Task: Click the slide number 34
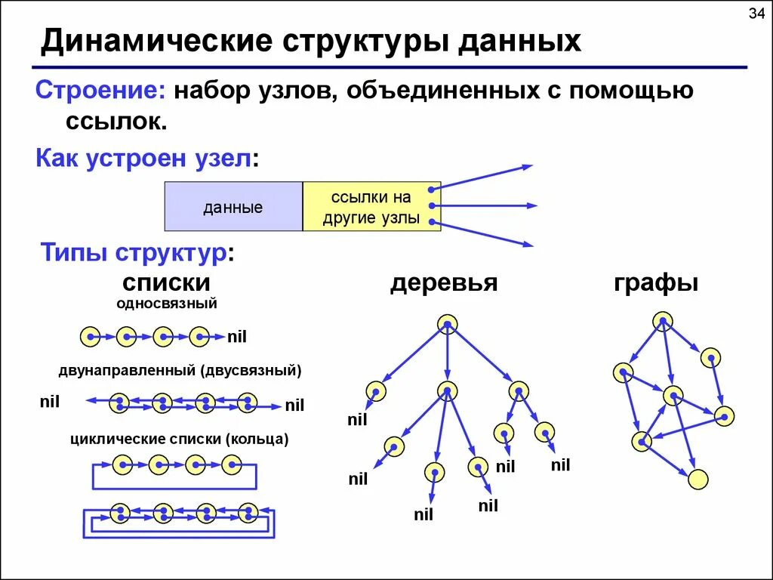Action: click(x=756, y=14)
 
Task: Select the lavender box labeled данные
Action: click(x=233, y=206)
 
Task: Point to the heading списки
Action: click(x=166, y=283)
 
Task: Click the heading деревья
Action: click(x=444, y=283)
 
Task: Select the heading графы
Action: click(x=656, y=283)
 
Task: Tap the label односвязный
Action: click(x=167, y=304)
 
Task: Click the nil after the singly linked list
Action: click(x=238, y=337)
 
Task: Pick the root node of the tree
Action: click(x=448, y=324)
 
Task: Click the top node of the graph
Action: click(x=662, y=322)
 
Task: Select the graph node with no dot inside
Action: click(x=698, y=479)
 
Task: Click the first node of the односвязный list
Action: click(x=90, y=336)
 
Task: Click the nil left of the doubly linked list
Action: click(x=50, y=402)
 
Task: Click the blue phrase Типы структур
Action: click(x=134, y=252)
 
